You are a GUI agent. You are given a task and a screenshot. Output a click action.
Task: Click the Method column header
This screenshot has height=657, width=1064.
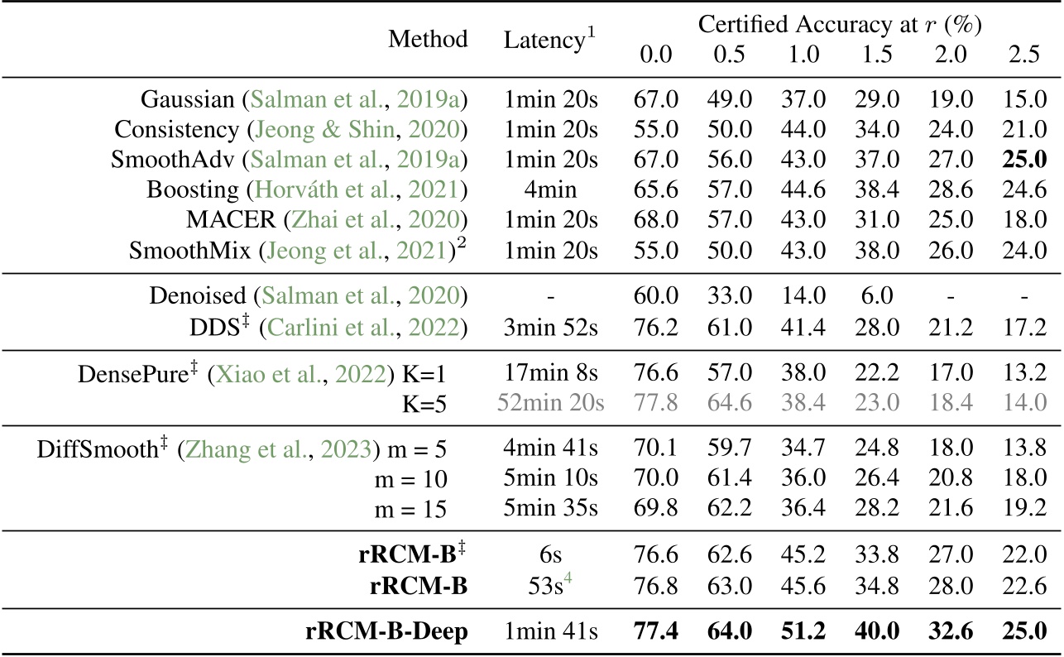click(x=429, y=39)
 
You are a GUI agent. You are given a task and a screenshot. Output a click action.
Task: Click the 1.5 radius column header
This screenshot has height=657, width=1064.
click(x=878, y=55)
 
